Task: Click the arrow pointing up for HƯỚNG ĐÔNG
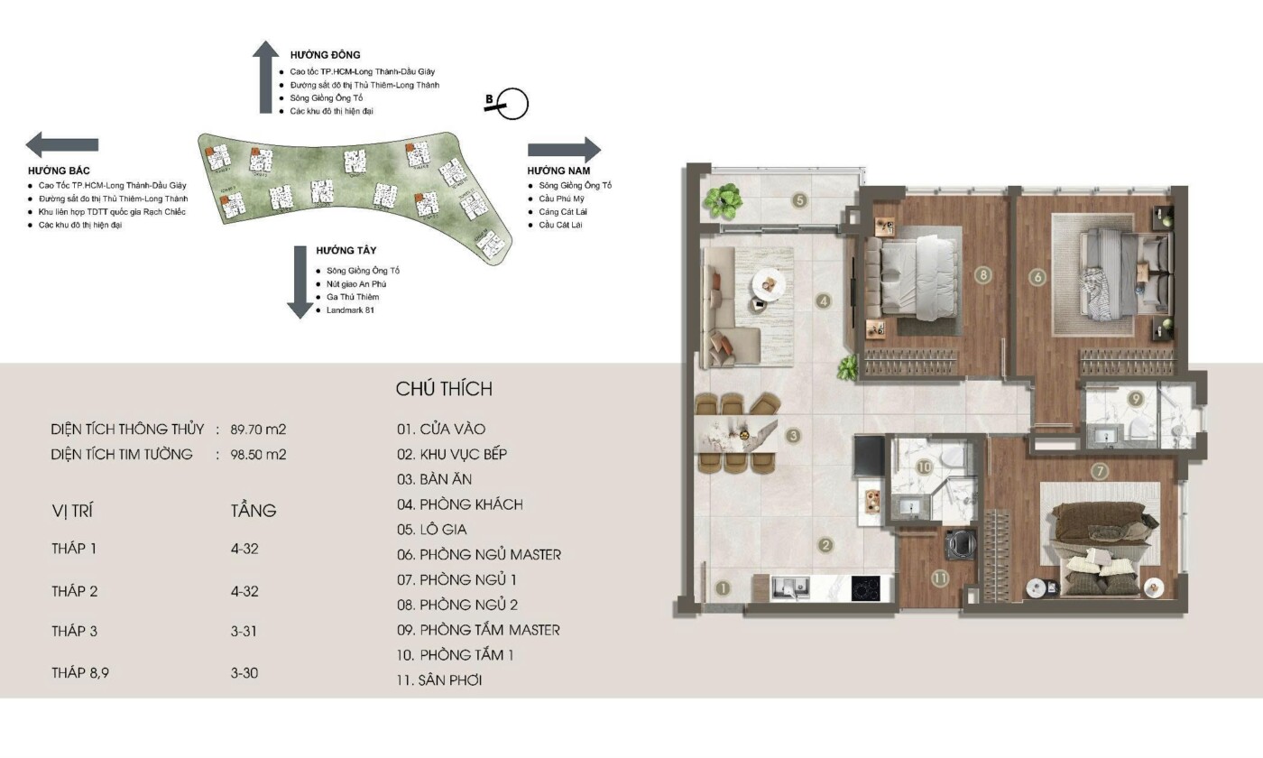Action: [x=266, y=78]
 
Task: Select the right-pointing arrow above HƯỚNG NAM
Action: [x=565, y=150]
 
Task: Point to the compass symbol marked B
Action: [x=510, y=104]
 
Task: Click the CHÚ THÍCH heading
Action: [x=444, y=390]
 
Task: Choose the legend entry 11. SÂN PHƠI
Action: [x=438, y=680]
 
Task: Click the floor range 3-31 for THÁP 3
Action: [x=244, y=632]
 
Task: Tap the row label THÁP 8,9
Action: [x=80, y=673]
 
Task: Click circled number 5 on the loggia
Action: [x=799, y=200]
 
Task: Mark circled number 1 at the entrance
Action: [x=722, y=588]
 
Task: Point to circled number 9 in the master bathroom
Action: [x=1136, y=398]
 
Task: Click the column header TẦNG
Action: [x=254, y=511]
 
